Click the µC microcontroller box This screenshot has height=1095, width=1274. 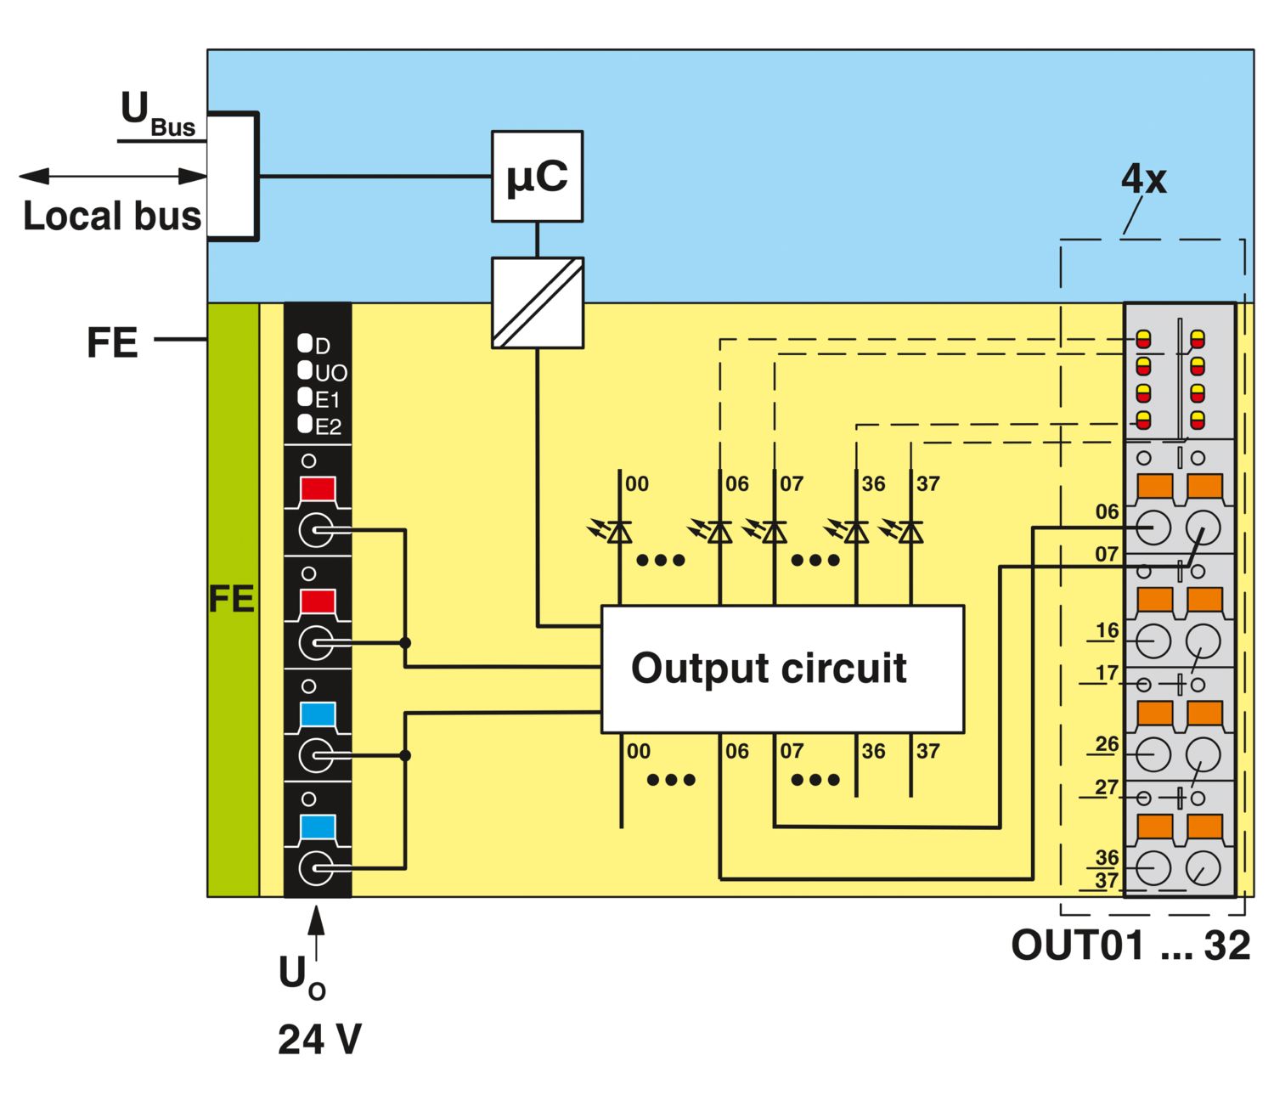[x=537, y=177]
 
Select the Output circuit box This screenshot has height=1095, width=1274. [x=782, y=669]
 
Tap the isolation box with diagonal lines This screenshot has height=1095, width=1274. [x=537, y=302]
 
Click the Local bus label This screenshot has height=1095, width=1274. [x=112, y=216]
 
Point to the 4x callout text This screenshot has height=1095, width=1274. [x=1143, y=179]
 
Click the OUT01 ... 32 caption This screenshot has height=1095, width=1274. [x=1130, y=945]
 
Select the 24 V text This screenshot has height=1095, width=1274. [x=319, y=1040]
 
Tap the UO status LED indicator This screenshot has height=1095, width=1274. [x=305, y=370]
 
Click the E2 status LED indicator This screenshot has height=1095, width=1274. [x=305, y=424]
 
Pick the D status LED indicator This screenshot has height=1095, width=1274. [x=305, y=343]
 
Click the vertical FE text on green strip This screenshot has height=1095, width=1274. [x=232, y=599]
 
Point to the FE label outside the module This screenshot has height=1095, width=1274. [x=112, y=342]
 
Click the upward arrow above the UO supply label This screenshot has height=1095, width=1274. [x=316, y=932]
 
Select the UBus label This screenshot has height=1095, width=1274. [x=158, y=114]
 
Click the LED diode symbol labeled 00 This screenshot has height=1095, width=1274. [x=619, y=532]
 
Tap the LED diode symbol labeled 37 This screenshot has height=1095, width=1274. [x=910, y=532]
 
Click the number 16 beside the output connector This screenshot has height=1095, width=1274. [x=1107, y=630]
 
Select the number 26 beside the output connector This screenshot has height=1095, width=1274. [x=1107, y=744]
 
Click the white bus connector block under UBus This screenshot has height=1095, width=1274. [x=233, y=177]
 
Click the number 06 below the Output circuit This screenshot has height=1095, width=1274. [x=737, y=751]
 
